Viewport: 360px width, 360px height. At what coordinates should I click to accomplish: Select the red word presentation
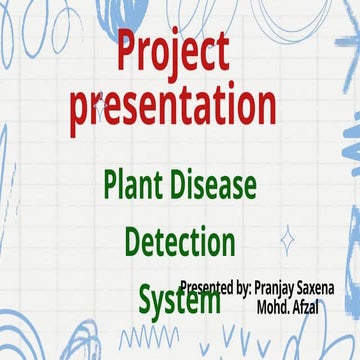(x=173, y=107)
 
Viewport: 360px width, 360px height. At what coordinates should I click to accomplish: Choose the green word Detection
(x=180, y=241)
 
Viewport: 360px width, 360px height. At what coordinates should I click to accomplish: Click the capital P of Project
(x=127, y=51)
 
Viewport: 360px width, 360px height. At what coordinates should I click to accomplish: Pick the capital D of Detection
(x=135, y=241)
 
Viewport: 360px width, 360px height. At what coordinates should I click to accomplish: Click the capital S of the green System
(x=146, y=298)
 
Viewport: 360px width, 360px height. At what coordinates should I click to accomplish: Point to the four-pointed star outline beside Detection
(x=288, y=240)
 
